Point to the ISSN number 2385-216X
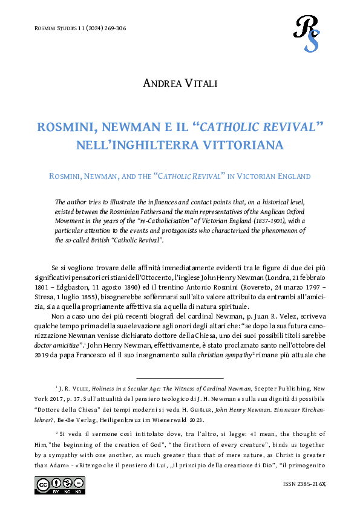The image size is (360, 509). pyautogui.click(x=308, y=485)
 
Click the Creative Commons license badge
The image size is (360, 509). pyautogui.click(x=60, y=485)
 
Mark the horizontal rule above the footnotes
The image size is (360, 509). pyautogui.click(x=180, y=378)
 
